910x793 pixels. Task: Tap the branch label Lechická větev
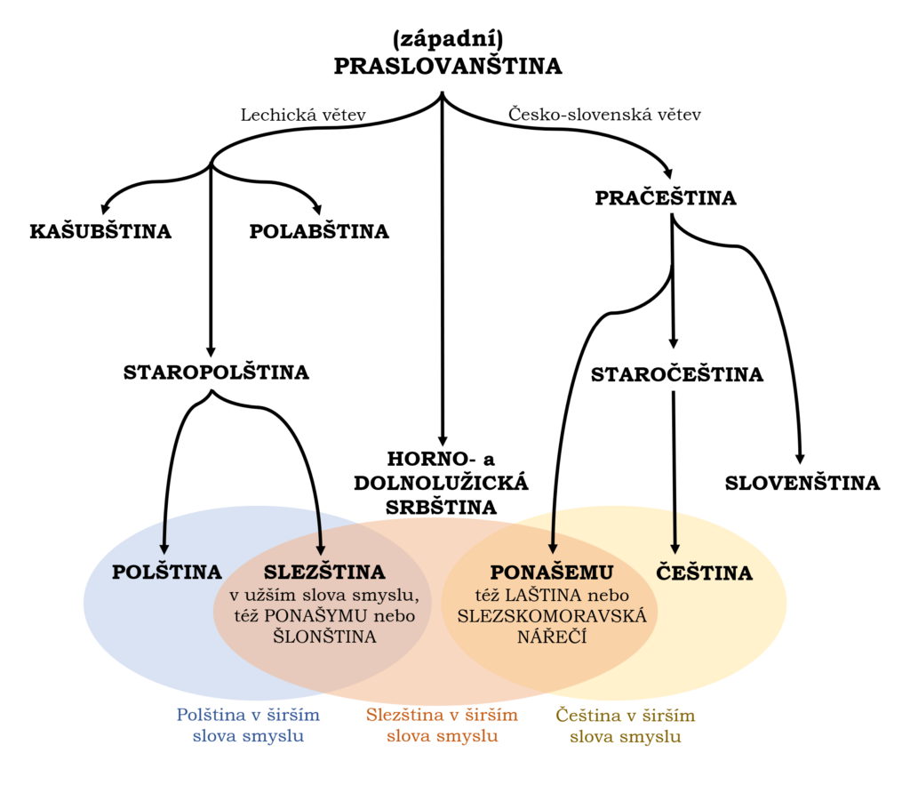click(304, 115)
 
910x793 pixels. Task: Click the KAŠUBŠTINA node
click(100, 232)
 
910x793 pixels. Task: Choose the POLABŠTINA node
click(319, 232)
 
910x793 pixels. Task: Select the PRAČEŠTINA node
click(666, 198)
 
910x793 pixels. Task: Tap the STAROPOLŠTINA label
click(216, 372)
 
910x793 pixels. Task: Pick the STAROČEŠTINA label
click(677, 375)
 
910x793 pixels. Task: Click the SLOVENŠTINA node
click(802, 484)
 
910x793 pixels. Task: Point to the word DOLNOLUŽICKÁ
click(442, 483)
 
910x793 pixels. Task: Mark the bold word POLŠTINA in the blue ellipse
click(166, 573)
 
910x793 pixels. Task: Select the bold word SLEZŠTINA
click(324, 572)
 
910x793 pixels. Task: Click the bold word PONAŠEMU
click(552, 572)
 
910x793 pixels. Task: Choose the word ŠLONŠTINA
click(325, 637)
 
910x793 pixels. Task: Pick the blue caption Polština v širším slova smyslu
click(248, 725)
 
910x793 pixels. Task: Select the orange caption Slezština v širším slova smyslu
click(442, 725)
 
